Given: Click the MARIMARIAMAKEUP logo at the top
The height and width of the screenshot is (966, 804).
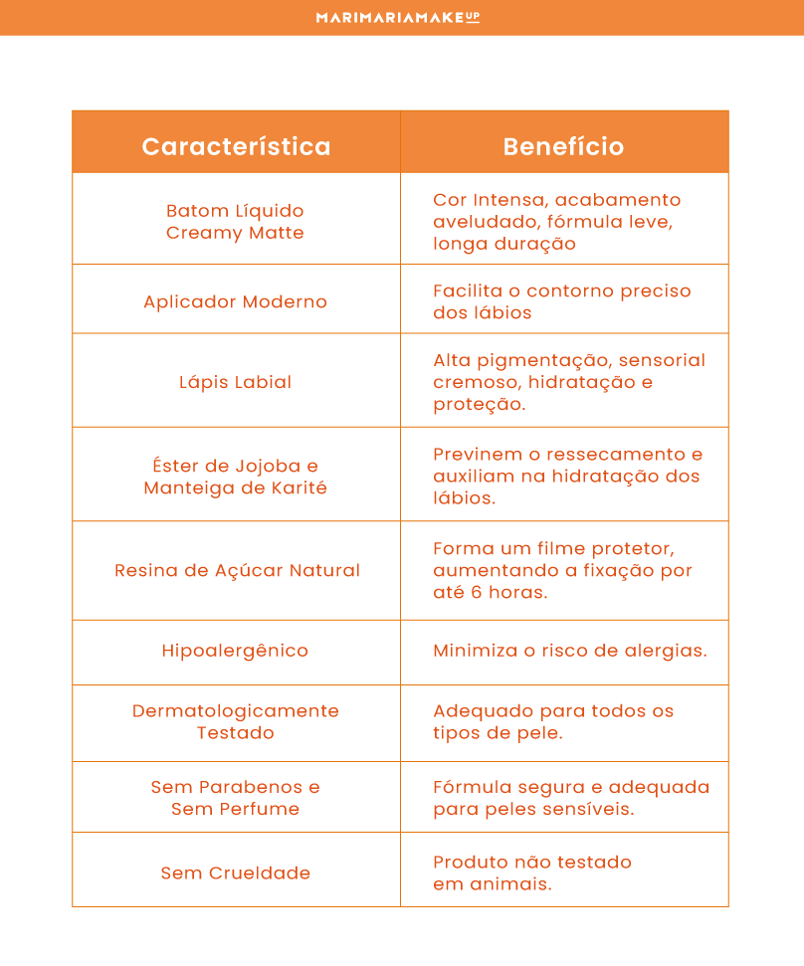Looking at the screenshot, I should coord(398,17).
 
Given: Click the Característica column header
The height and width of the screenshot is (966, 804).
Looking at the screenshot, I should coord(236,146).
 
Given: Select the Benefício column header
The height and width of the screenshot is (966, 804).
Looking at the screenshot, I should coord(563,146).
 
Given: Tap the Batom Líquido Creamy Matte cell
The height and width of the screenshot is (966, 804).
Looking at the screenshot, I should coord(236,222).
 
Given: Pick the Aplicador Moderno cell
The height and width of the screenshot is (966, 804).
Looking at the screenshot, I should coord(236,301).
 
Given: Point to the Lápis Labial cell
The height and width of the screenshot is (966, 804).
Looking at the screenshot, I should coord(236,382).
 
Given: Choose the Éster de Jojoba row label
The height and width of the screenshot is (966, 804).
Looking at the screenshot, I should coord(236,477).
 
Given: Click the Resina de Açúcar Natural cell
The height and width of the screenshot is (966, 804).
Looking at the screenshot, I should coord(237,570).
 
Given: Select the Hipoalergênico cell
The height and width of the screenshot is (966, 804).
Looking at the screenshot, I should coord(236,651).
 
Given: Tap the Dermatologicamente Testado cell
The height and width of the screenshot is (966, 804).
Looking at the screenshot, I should coord(236,722).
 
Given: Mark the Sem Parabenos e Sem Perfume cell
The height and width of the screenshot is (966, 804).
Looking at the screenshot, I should coord(236,798).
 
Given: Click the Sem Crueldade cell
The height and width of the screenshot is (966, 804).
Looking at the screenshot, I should coord(236,872).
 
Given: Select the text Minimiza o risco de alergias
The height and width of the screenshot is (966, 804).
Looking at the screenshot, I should coord(570,651).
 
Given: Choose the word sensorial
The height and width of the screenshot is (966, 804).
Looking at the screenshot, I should coord(660,360).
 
